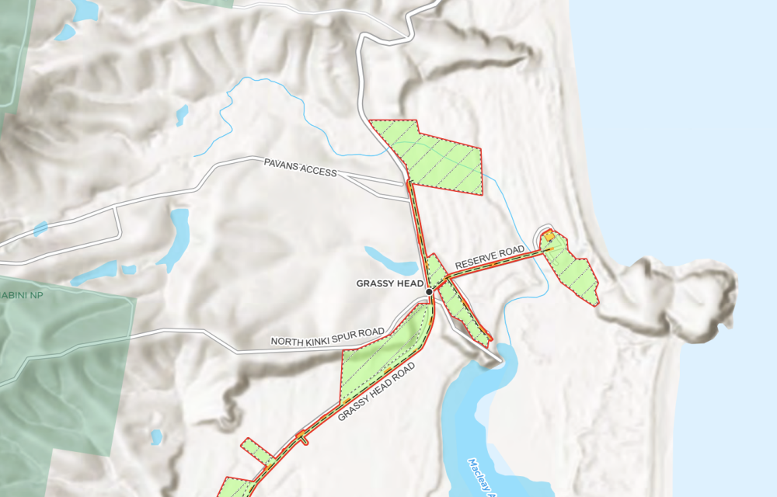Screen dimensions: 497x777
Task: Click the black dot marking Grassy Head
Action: pyautogui.click(x=429, y=291)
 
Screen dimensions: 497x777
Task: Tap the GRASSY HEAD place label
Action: pyautogui.click(x=389, y=284)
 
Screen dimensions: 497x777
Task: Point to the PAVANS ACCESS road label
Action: pyautogui.click(x=300, y=168)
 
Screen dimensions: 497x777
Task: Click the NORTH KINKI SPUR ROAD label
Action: pyautogui.click(x=327, y=338)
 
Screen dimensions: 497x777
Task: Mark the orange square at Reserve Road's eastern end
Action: pyautogui.click(x=548, y=236)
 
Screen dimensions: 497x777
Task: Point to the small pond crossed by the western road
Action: pyautogui.click(x=179, y=226)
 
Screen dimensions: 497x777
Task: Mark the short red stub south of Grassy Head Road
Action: pyautogui.click(x=303, y=440)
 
